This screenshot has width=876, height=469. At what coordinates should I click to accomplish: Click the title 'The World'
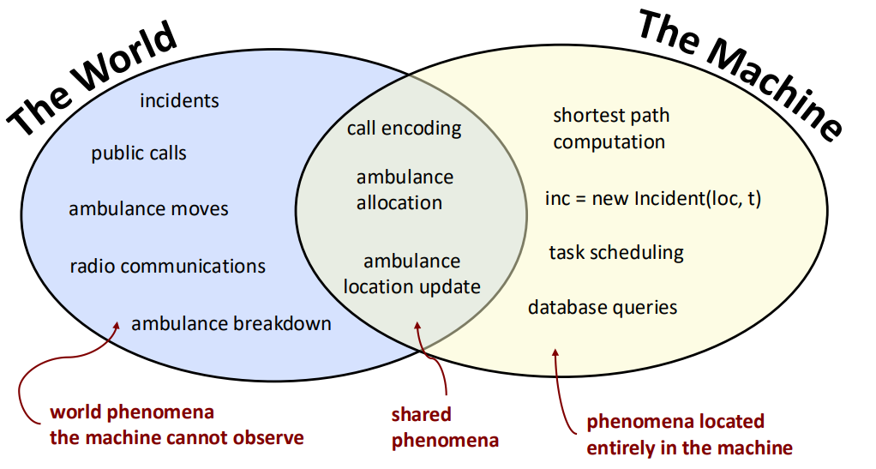click(x=93, y=78)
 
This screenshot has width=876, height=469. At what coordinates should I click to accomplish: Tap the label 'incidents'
click(x=179, y=100)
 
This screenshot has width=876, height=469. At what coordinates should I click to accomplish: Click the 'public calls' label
click(x=139, y=153)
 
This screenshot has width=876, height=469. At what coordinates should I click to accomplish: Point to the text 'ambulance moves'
click(x=148, y=209)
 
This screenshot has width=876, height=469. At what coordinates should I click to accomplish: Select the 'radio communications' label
click(x=168, y=266)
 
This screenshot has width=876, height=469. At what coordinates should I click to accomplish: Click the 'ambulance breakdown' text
click(x=231, y=323)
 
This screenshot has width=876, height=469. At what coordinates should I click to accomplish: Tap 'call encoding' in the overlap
click(x=404, y=129)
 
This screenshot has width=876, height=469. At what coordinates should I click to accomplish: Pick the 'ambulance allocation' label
click(x=405, y=190)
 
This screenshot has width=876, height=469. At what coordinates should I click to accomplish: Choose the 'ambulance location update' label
click(x=411, y=274)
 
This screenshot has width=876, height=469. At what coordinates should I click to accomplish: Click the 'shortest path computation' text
click(x=611, y=129)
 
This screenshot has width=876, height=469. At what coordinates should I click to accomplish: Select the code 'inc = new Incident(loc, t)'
click(x=653, y=198)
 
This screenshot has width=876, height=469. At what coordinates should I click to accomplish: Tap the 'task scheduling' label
click(x=616, y=253)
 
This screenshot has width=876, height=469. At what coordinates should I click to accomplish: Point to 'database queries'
click(x=603, y=308)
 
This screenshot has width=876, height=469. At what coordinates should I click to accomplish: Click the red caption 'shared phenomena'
click(x=445, y=427)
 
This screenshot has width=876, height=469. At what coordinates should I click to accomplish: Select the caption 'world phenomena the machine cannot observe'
click(x=177, y=424)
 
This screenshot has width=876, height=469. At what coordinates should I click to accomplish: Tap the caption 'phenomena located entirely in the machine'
click(x=689, y=435)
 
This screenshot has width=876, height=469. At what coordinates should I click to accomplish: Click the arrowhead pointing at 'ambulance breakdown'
click(x=117, y=326)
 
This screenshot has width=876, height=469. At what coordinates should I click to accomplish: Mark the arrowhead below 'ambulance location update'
click(x=417, y=327)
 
